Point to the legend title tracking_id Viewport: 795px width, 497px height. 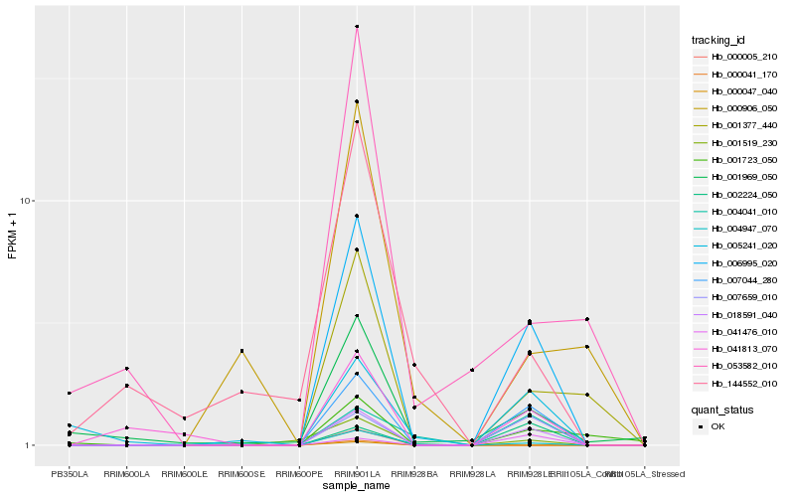[x=718, y=40]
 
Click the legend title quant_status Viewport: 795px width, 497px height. [x=723, y=409]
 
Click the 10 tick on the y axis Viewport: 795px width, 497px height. [x=27, y=201]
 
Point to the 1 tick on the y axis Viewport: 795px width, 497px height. [x=30, y=445]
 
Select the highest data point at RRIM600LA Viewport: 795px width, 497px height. [x=127, y=369]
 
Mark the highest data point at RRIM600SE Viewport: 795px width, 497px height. [x=241, y=351]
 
